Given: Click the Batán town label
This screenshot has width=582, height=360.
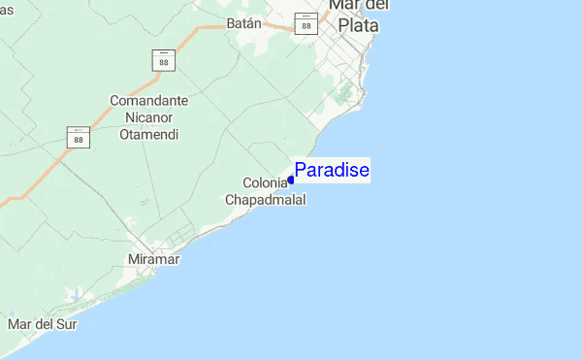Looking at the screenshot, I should (244, 22).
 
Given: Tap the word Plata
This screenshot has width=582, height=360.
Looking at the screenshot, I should (358, 26).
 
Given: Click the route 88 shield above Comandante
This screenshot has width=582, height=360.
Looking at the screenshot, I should (163, 60).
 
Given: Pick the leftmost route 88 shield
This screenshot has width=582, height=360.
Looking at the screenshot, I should (79, 137).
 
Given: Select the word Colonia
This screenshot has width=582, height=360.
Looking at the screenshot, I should (265, 183).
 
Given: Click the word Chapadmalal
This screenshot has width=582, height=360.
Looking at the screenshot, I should (266, 200).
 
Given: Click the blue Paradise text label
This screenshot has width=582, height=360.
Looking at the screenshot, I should (332, 171).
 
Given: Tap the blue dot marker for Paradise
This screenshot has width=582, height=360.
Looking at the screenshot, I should (291, 180).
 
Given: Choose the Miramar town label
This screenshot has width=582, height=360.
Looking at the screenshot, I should (155, 259).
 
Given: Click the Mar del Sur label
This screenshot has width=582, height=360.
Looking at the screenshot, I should (42, 323).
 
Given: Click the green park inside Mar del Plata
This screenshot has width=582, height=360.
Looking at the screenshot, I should (342, 94).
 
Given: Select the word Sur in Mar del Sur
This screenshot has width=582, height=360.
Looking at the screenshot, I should (66, 323).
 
